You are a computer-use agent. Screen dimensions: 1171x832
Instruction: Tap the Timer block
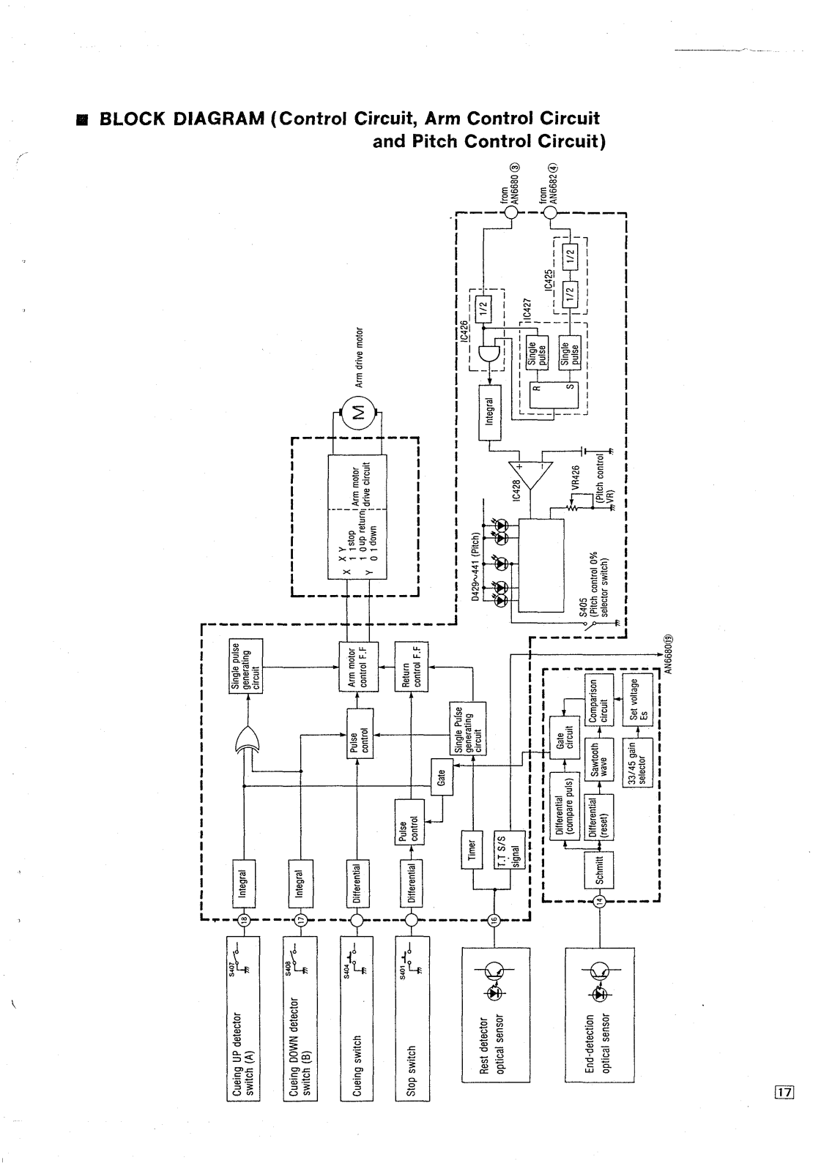(x=472, y=849)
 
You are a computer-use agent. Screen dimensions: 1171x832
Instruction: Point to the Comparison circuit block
(x=599, y=700)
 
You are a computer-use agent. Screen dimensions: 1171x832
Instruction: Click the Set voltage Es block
(x=635, y=700)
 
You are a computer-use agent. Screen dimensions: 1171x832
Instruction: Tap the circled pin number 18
(x=245, y=920)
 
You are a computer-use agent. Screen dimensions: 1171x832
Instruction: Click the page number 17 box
(x=785, y=1093)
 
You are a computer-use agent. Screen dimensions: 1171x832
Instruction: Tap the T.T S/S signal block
(x=513, y=849)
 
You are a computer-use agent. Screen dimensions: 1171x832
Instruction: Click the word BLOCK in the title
(x=135, y=119)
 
